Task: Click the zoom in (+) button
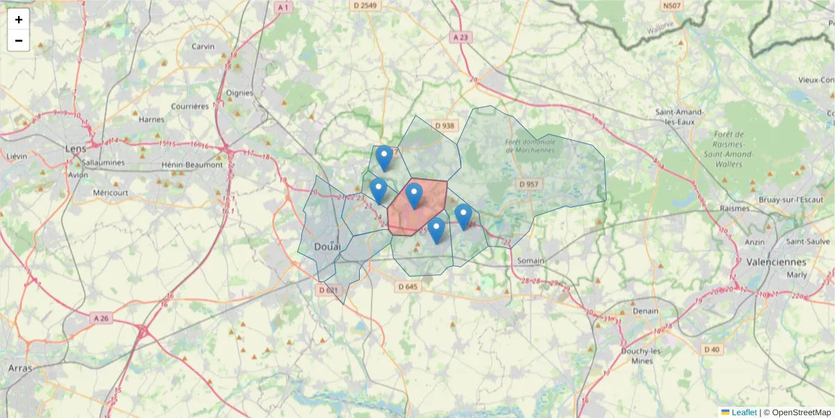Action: click(19, 20)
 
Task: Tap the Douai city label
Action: click(327, 247)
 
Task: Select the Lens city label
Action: click(74, 148)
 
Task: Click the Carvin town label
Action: click(203, 47)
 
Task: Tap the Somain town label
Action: click(531, 261)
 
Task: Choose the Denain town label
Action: click(645, 311)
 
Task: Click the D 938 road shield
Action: click(444, 126)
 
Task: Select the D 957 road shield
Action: click(529, 185)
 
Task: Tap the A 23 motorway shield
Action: click(460, 37)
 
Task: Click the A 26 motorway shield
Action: click(102, 318)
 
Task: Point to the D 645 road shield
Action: click(408, 286)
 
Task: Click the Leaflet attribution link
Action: click(743, 412)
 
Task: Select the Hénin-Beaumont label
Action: click(191, 164)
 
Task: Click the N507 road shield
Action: click(672, 6)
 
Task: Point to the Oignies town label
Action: click(239, 92)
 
